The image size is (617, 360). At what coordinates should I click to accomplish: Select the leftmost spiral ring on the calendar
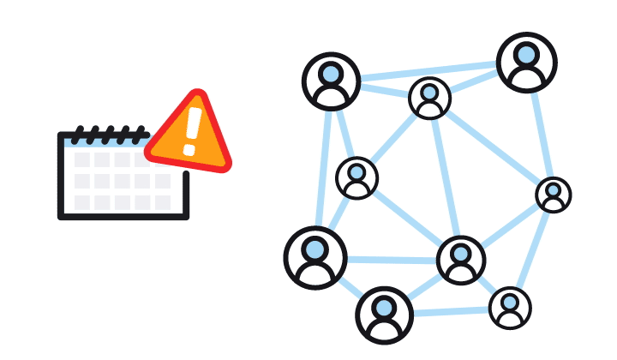coord(78,135)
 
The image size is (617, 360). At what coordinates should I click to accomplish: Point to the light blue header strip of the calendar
coord(103,143)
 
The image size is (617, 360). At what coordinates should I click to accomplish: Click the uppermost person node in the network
coord(526,62)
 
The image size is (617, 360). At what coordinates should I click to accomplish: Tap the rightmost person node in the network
coord(554,195)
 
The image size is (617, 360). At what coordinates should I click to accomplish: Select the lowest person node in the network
coord(385,315)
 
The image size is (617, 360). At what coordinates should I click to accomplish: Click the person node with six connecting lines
coord(461,259)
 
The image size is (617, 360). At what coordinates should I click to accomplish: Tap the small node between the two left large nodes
coord(356,178)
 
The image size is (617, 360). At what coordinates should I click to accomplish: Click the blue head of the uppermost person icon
coord(527,54)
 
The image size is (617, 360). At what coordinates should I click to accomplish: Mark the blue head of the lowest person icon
coord(385,308)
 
